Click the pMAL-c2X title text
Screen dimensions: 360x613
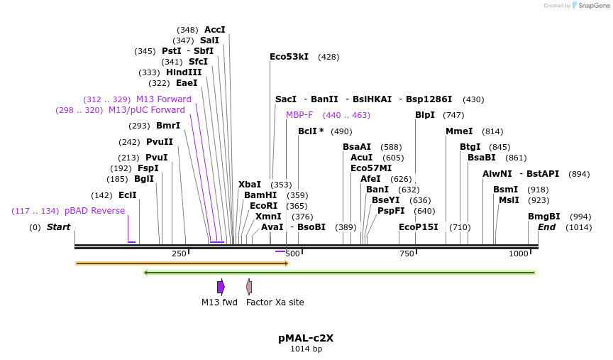click(x=306, y=338)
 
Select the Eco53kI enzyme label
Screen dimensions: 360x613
click(x=289, y=57)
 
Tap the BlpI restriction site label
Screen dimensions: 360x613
click(x=425, y=115)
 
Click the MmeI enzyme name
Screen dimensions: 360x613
click(x=459, y=131)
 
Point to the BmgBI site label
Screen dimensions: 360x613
click(x=543, y=217)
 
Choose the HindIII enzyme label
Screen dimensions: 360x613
click(x=184, y=72)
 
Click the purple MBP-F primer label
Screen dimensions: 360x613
click(x=299, y=115)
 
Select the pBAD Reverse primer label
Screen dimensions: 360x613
click(x=94, y=211)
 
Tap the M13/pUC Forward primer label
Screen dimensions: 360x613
click(x=147, y=110)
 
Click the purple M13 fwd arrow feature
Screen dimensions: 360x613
click(x=221, y=287)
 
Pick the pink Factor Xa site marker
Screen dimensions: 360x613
click(x=249, y=287)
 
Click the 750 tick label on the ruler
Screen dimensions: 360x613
click(x=407, y=253)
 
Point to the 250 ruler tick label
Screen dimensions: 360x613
click(x=179, y=253)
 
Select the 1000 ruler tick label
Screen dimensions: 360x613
click(x=519, y=253)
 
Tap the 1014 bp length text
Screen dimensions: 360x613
click(x=306, y=349)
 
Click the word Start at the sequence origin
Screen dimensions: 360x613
click(x=58, y=227)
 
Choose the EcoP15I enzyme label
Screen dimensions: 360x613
click(x=419, y=227)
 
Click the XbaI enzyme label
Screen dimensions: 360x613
click(x=250, y=185)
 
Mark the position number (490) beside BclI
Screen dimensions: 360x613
click(x=341, y=131)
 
